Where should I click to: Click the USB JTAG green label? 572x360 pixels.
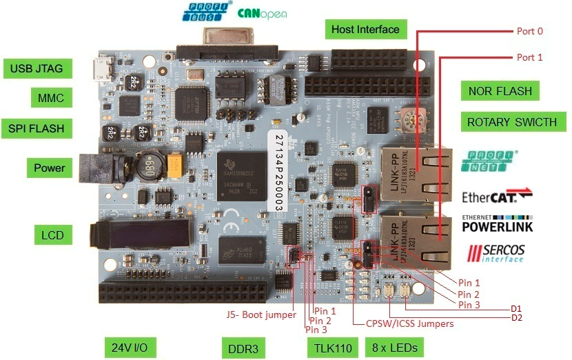point(37,68)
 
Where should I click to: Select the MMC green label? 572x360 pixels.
point(51,98)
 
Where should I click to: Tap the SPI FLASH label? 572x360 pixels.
point(37,128)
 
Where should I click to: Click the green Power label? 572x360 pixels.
point(50,168)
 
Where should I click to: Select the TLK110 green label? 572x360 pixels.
point(333,348)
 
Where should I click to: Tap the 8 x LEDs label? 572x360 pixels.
point(395,347)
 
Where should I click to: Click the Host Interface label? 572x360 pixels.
point(365,30)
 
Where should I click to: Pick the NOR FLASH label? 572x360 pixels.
point(500,91)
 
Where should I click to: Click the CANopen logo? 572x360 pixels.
point(262,13)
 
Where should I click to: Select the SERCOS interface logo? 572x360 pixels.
point(496,253)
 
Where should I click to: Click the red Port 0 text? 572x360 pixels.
point(530,31)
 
